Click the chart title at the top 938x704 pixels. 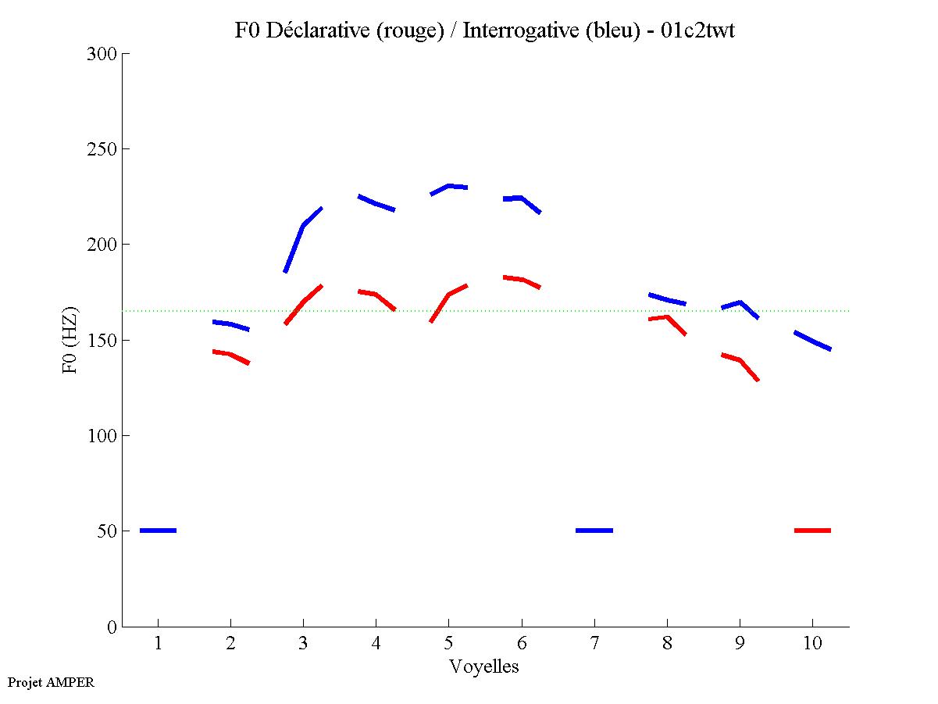484,30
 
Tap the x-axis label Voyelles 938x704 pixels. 484,666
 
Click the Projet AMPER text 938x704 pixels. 51,682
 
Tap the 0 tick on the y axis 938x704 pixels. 112,627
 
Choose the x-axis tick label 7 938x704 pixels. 594,644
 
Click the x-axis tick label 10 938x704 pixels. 812,644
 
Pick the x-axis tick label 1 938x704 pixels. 159,644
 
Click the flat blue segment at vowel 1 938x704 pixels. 159,531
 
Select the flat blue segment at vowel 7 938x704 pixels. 594,531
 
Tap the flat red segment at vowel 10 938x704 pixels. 812,531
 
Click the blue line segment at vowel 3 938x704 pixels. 303,226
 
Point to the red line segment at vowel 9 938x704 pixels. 740,360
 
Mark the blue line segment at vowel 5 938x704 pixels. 449,186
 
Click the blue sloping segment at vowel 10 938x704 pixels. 812,341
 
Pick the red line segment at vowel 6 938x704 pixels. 522,280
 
